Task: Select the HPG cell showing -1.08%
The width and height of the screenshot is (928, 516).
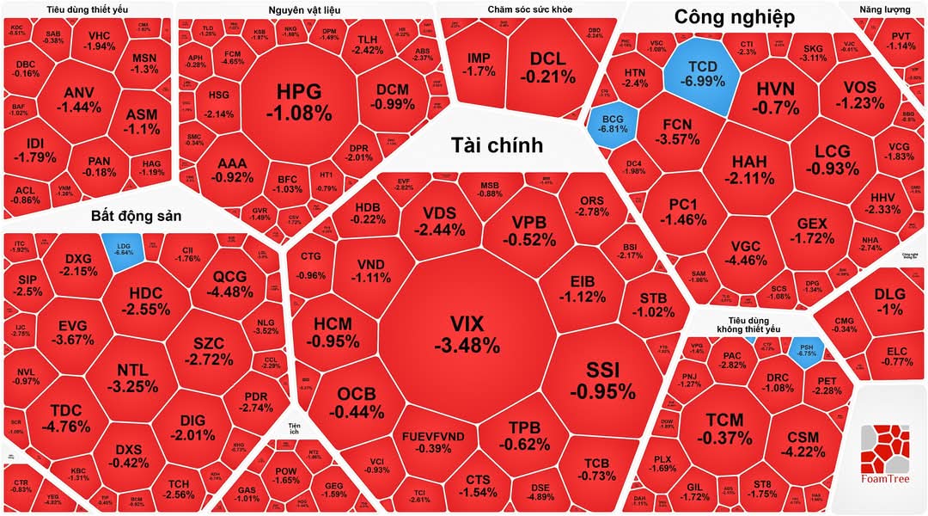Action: (x=298, y=101)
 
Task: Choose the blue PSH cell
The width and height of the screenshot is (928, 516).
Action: (x=806, y=349)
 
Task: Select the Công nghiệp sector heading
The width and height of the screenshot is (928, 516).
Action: (x=734, y=16)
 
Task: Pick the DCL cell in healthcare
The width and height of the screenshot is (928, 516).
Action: (x=547, y=67)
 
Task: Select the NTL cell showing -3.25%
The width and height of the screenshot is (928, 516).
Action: (x=131, y=377)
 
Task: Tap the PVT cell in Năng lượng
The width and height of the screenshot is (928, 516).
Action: (x=901, y=40)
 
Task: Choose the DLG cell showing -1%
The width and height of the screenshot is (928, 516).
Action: (x=889, y=301)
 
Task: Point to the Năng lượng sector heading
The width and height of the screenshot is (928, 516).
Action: (x=885, y=9)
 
